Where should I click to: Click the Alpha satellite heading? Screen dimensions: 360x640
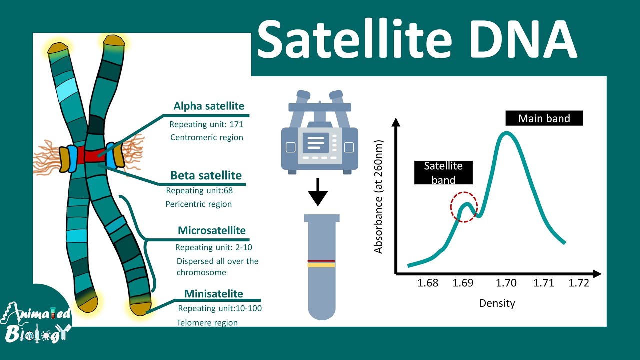pos(209,106)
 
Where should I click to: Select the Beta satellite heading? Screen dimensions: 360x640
pos(206,175)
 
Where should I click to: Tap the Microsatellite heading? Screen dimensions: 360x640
pos(212,230)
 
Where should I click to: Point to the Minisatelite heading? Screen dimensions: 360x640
pos(214,293)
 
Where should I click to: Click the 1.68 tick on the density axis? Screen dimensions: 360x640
pos(428,283)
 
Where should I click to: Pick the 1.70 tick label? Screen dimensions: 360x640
pos(506,283)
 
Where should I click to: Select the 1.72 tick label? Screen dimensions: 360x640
pos(579,283)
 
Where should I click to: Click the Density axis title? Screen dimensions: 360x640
pos(497,303)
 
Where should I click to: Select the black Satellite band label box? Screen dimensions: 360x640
pos(443,173)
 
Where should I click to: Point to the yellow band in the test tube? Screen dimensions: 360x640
pos(321,265)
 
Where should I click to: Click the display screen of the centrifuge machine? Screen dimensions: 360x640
pos(315,143)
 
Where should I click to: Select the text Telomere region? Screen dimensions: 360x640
pos(207,323)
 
